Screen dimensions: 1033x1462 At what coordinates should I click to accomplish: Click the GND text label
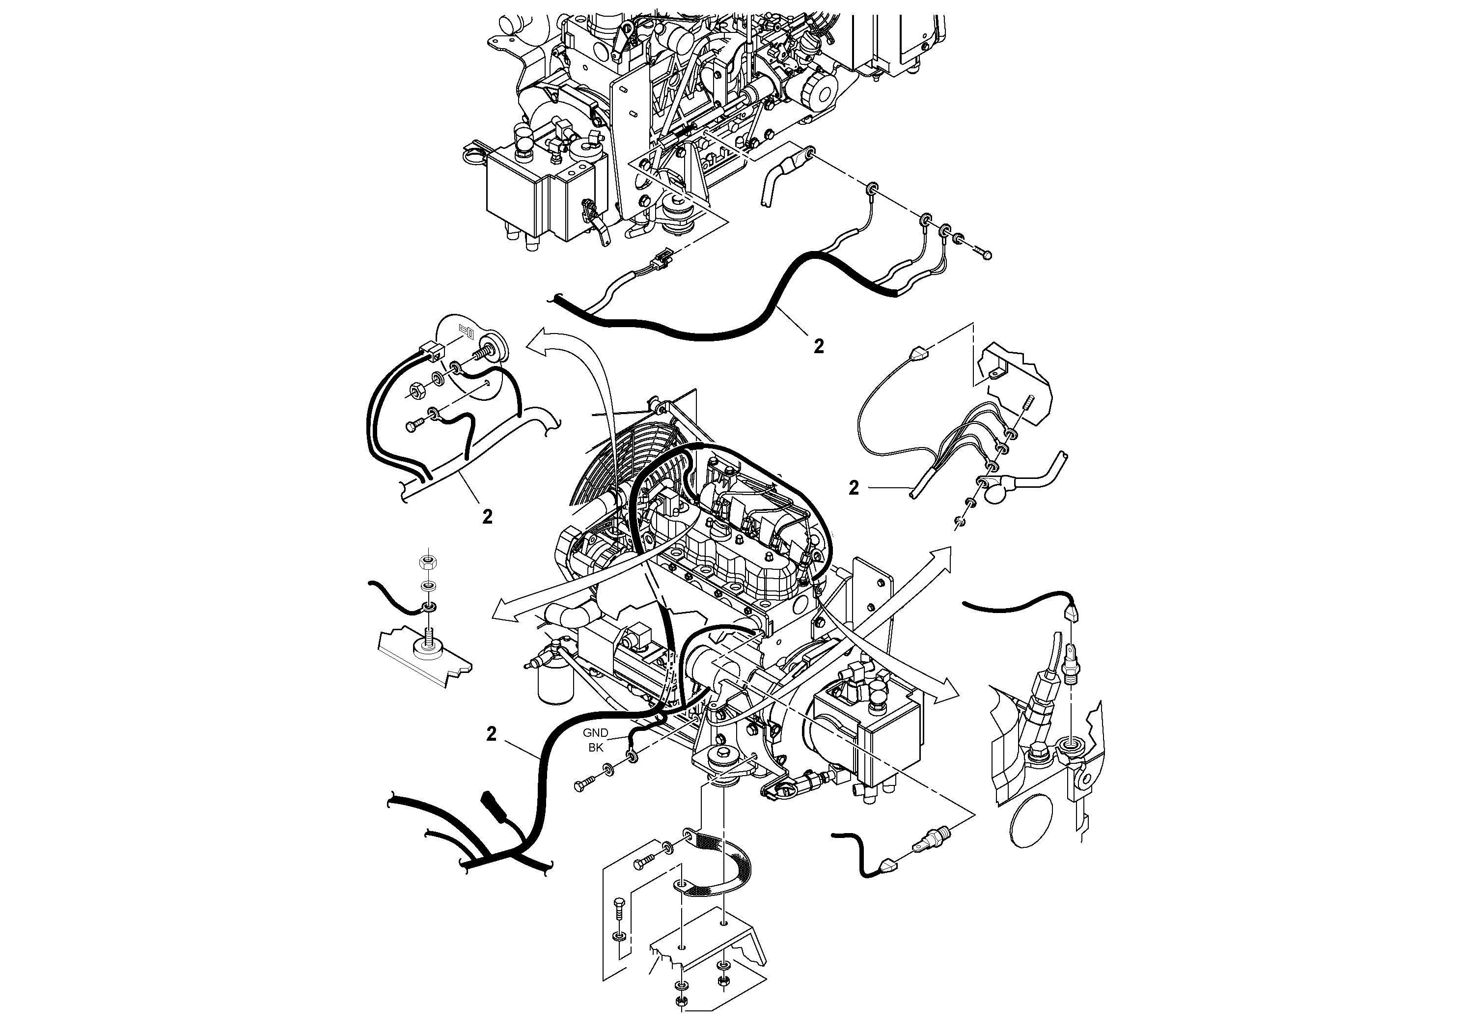[595, 733]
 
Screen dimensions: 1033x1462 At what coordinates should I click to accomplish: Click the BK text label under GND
[595, 748]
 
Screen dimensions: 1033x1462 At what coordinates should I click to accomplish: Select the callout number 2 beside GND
[491, 734]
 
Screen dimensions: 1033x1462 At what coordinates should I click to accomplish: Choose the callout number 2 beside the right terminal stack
[854, 488]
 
